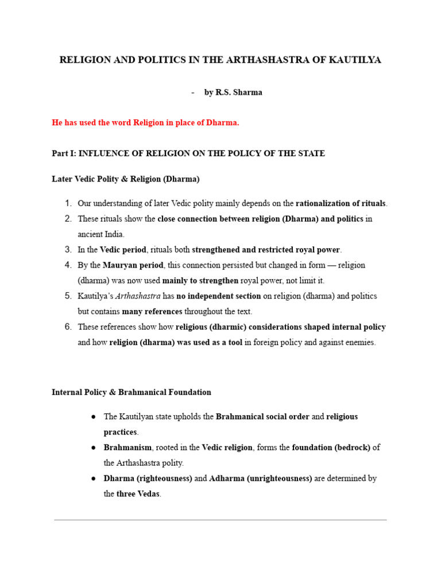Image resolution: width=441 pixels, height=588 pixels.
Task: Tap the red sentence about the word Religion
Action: [x=145, y=123]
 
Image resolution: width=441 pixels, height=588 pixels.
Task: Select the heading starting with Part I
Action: [x=188, y=153]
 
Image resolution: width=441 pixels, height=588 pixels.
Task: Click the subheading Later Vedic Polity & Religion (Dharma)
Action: [x=126, y=179]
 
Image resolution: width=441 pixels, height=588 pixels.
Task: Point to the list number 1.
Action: [x=67, y=203]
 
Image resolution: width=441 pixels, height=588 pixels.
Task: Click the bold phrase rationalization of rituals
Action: [x=341, y=203]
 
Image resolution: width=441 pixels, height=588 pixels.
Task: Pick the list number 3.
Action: [x=67, y=250]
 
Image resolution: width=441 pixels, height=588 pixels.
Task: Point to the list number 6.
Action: [x=67, y=327]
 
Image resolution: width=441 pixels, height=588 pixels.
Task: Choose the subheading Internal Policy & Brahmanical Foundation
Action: [x=131, y=392]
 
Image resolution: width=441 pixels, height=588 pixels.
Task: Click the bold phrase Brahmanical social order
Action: [x=262, y=417]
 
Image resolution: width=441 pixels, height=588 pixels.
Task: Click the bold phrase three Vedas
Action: [x=138, y=494]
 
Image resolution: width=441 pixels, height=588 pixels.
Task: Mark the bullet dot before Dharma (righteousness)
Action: [x=94, y=478]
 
